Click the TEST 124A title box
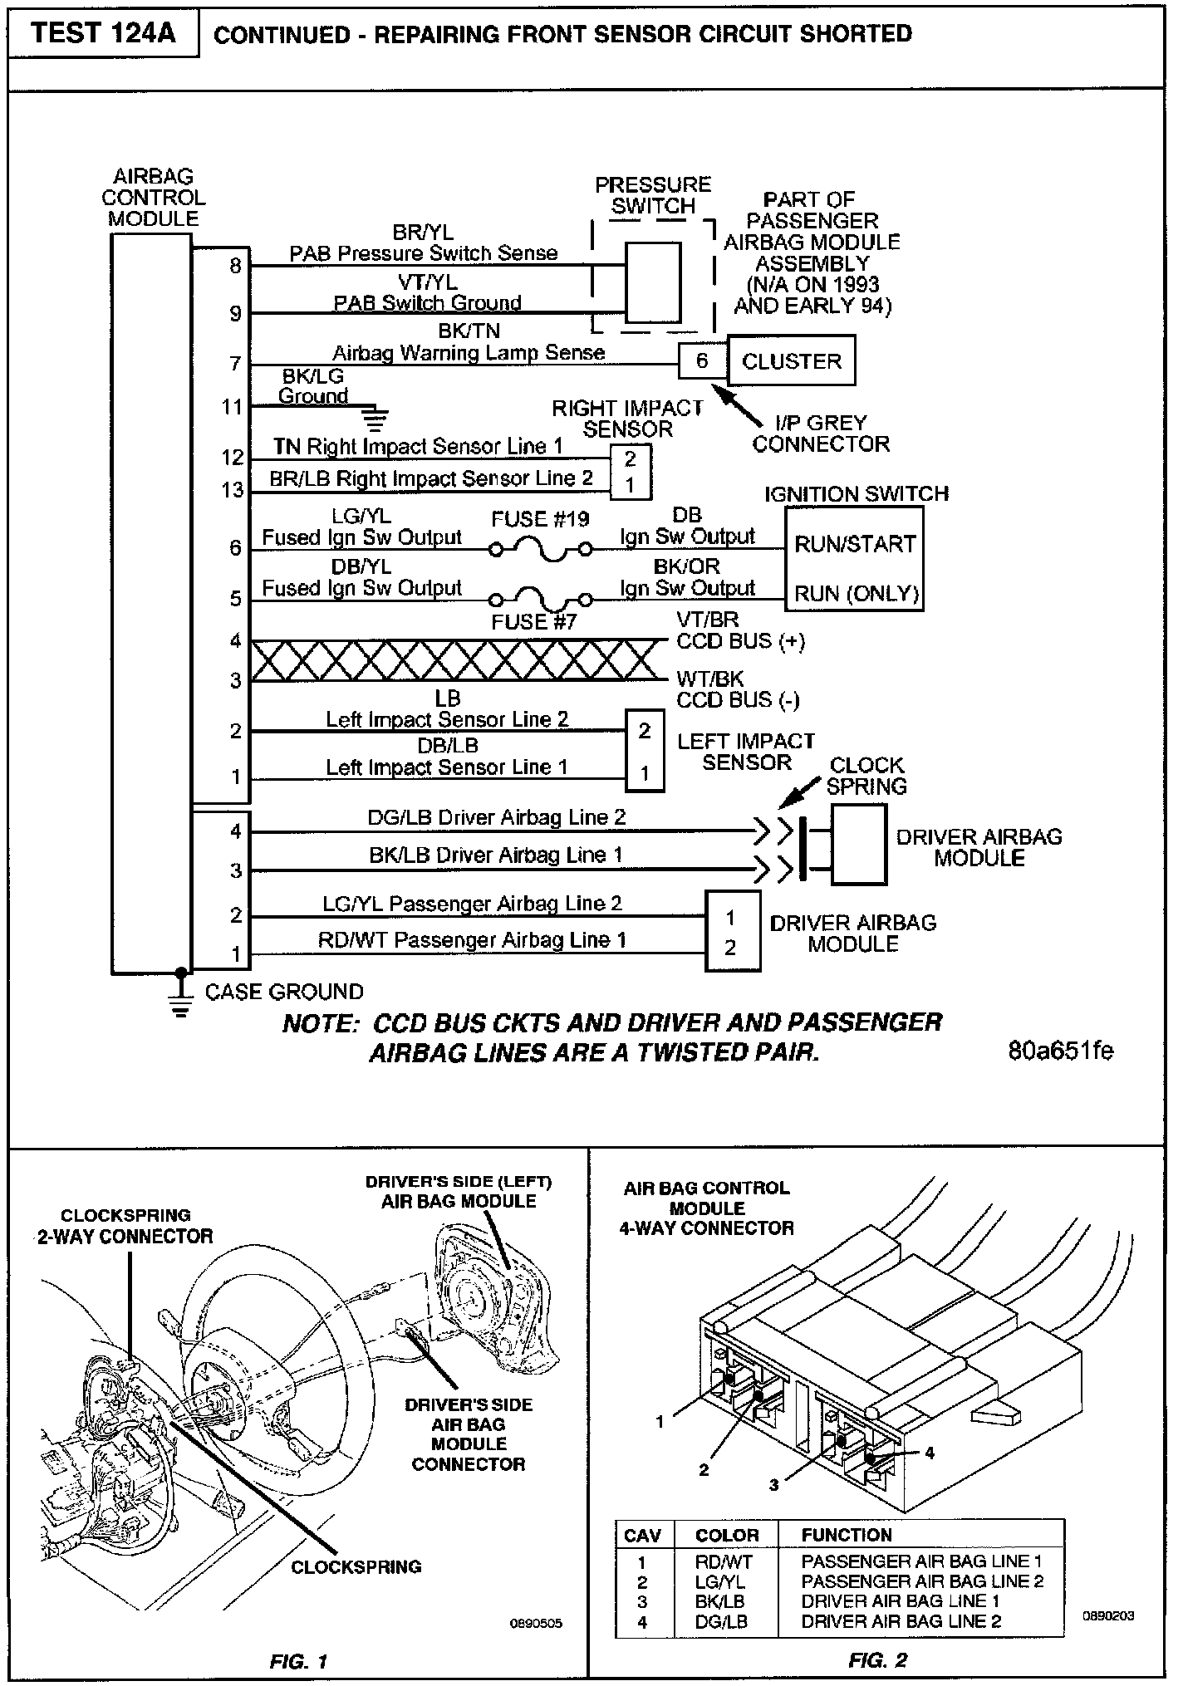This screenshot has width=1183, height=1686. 103,34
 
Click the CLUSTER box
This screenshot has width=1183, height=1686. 791,361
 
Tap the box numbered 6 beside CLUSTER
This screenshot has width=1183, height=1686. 702,360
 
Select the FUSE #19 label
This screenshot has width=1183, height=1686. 540,520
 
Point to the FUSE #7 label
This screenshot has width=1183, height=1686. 533,622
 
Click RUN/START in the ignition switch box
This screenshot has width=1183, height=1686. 854,544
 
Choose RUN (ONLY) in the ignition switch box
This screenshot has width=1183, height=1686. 856,594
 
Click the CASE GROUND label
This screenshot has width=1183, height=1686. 284,992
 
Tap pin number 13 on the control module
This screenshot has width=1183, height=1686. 233,490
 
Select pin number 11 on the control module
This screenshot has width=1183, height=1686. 233,407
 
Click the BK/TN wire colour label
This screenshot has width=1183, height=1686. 469,331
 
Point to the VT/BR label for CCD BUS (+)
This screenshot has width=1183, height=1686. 708,620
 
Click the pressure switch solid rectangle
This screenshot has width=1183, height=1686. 652,282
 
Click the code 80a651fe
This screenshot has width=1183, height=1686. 1060,1051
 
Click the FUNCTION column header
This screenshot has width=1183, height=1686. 846,1535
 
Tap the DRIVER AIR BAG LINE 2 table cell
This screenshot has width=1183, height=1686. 901,1620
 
